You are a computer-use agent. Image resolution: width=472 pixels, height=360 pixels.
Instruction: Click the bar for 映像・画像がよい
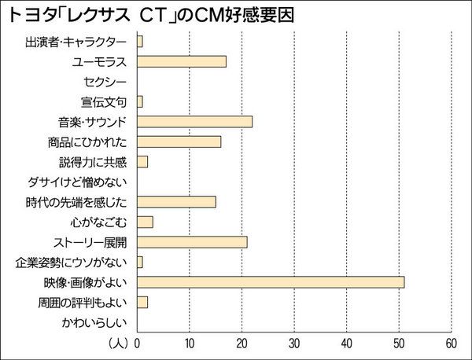click(270, 281)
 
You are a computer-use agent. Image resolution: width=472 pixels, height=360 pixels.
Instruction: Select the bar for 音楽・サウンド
click(194, 121)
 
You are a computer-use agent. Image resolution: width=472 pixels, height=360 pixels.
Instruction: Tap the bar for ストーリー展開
click(192, 241)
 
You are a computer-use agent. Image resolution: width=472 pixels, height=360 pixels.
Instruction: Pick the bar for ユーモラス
click(181, 61)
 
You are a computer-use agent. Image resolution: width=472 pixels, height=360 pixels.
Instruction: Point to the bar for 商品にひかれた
click(179, 141)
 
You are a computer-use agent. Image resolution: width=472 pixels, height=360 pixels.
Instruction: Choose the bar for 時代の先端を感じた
click(176, 201)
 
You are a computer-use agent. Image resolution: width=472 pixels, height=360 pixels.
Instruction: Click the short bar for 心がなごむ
click(145, 222)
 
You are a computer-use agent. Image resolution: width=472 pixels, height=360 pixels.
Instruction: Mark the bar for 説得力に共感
click(142, 161)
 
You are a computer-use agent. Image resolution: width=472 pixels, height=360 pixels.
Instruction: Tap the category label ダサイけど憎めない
click(80, 182)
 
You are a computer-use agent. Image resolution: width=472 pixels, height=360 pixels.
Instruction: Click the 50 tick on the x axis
click(399, 343)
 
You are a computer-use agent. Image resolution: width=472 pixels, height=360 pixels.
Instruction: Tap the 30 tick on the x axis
click(294, 343)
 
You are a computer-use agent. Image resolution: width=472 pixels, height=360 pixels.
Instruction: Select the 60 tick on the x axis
click(451, 343)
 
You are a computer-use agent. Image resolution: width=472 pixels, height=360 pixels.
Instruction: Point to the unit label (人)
click(119, 343)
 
